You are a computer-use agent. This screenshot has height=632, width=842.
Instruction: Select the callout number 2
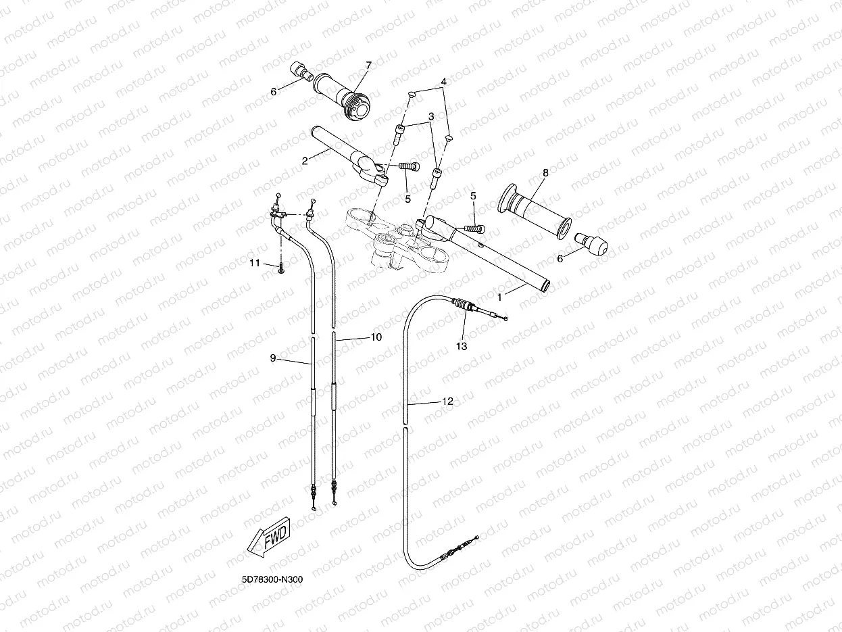tap(305, 160)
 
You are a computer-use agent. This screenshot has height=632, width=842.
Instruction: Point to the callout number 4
tap(443, 82)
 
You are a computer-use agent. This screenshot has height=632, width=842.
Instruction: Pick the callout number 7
tap(368, 66)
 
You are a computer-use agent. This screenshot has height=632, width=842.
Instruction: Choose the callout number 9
tap(273, 358)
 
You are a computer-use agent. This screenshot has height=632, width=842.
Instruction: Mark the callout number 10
tap(376, 337)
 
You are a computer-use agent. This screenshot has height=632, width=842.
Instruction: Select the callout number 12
tap(447, 401)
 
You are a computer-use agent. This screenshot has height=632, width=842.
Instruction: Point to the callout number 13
tap(462, 345)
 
